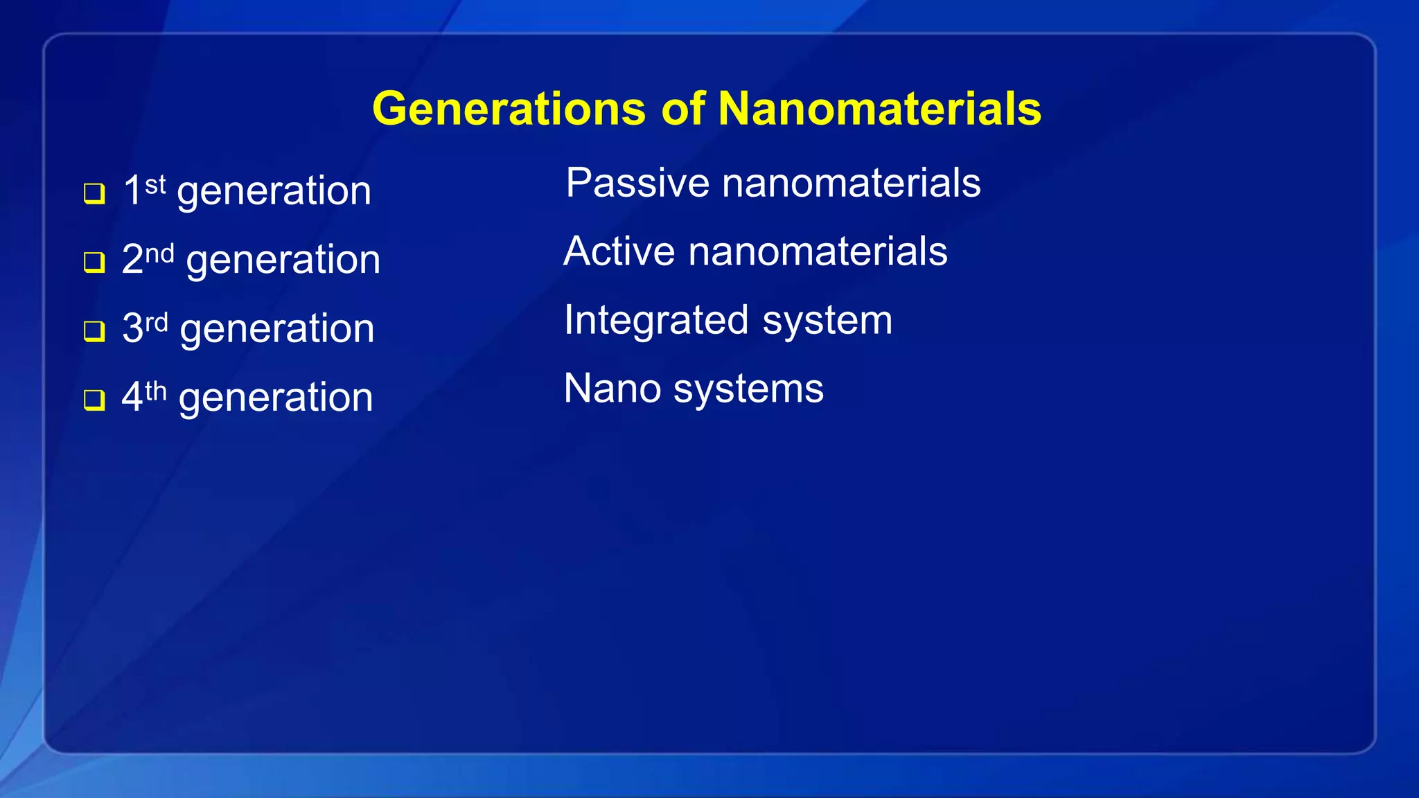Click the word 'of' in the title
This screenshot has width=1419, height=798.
pos(682,109)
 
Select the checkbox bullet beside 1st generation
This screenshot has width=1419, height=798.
pos(94,193)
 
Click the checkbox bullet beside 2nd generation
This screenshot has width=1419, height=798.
pos(94,263)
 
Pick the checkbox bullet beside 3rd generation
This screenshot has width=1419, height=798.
pos(94,331)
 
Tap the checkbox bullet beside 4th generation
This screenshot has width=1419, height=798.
pos(94,400)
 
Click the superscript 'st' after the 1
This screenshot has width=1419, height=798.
pos(155,184)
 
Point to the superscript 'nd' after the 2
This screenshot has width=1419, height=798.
pos(159,254)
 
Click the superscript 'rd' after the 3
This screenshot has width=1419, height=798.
pos(157,322)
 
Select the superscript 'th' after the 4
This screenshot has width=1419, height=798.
pos(156,391)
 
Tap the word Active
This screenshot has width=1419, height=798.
pos(619,251)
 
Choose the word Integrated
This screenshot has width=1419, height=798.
pos(656,321)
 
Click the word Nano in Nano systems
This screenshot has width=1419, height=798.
pos(612,389)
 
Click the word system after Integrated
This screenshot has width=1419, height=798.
pos(827,321)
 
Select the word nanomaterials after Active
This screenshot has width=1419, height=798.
pos(818,251)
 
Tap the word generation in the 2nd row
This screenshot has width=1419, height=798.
pos(283,261)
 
